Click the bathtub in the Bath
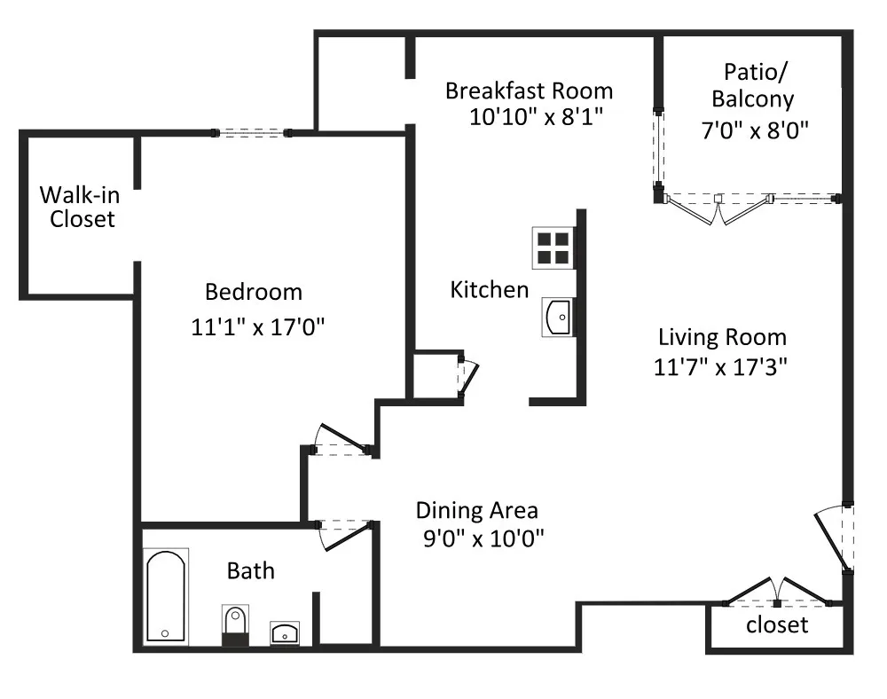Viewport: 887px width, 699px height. click(165, 596)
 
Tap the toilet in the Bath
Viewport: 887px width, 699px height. click(235, 625)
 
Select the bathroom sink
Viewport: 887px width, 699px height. click(285, 632)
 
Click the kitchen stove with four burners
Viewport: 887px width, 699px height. click(553, 247)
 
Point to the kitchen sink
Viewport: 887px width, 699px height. click(558, 318)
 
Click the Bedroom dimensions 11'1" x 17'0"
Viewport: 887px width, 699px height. click(258, 327)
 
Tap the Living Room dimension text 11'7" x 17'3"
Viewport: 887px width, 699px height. click(720, 367)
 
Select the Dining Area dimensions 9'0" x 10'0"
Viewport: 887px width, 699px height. click(483, 538)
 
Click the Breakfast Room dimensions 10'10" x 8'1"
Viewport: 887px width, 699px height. click(537, 117)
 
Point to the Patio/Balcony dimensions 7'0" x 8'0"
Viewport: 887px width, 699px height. click(755, 130)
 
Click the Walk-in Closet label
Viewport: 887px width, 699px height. click(81, 207)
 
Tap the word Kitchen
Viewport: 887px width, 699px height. click(490, 289)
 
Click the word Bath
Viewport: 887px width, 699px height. click(251, 570)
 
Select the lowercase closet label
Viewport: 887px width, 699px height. click(777, 624)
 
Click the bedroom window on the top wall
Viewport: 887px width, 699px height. click(251, 133)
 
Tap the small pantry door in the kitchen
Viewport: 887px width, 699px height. click(467, 375)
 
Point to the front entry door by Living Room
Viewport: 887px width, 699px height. click(834, 538)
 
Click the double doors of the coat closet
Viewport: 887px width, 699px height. click(777, 592)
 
